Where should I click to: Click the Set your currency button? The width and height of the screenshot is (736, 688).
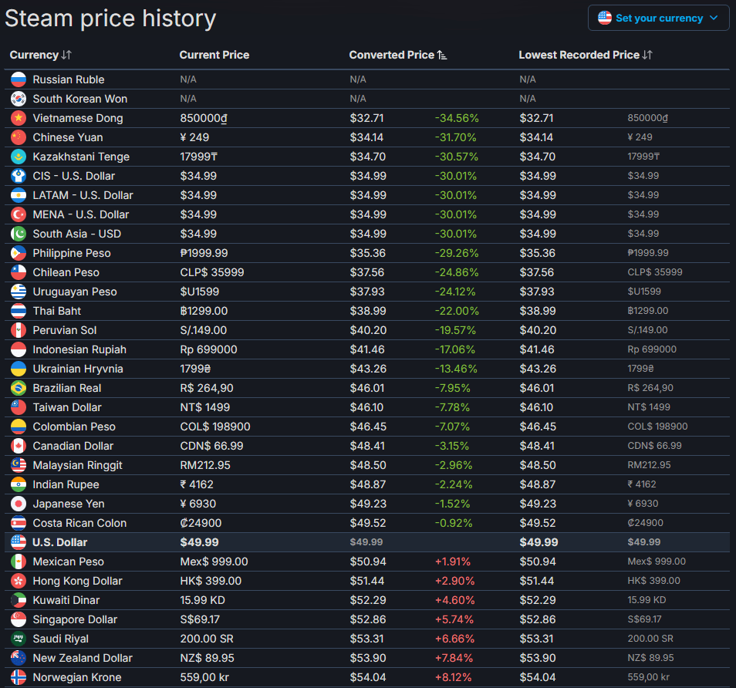pyautogui.click(x=658, y=18)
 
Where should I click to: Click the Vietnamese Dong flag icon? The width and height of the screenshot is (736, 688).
pyautogui.click(x=19, y=118)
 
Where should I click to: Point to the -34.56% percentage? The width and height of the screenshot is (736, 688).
pyautogui.click(x=457, y=118)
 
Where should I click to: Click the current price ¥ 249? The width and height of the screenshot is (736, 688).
pyautogui.click(x=194, y=137)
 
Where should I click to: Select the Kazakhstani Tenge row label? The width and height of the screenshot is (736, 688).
pyautogui.click(x=81, y=157)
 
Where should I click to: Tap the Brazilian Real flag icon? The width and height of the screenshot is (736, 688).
pyautogui.click(x=19, y=388)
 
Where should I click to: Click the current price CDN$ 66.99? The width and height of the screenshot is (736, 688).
pyautogui.click(x=211, y=446)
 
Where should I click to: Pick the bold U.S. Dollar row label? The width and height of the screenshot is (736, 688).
pyautogui.click(x=60, y=542)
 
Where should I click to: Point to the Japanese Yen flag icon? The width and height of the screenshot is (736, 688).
pyautogui.click(x=19, y=504)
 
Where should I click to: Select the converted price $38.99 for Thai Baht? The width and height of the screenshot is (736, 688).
pyautogui.click(x=366, y=311)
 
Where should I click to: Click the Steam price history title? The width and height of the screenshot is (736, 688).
pyautogui.click(x=110, y=19)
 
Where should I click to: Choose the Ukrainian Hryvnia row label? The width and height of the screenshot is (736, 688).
pyautogui.click(x=78, y=369)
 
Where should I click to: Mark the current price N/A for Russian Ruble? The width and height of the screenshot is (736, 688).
pyautogui.click(x=188, y=79)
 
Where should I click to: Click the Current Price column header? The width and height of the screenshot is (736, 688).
pyautogui.click(x=214, y=55)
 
